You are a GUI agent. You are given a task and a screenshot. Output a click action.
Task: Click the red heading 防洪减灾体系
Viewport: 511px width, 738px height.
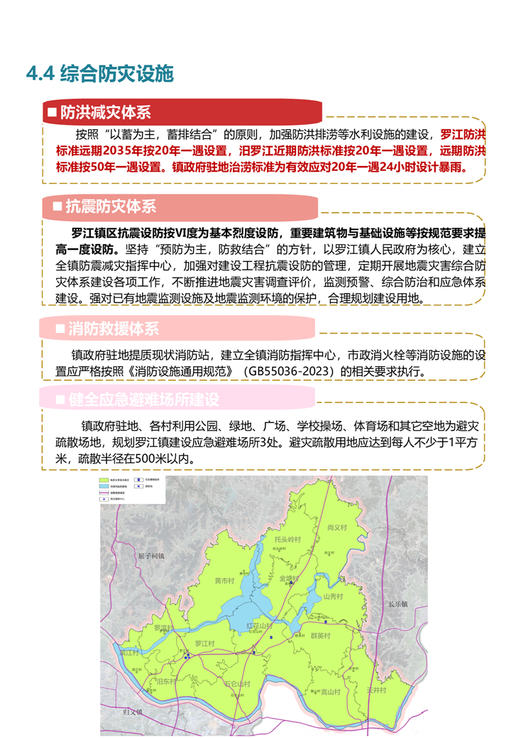[x=105, y=112]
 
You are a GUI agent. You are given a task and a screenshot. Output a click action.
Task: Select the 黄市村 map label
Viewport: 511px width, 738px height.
[x=224, y=580]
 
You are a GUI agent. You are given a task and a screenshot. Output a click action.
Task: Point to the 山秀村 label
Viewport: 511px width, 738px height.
[x=334, y=597]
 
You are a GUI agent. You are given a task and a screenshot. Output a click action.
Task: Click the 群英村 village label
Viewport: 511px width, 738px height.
[x=322, y=636]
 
